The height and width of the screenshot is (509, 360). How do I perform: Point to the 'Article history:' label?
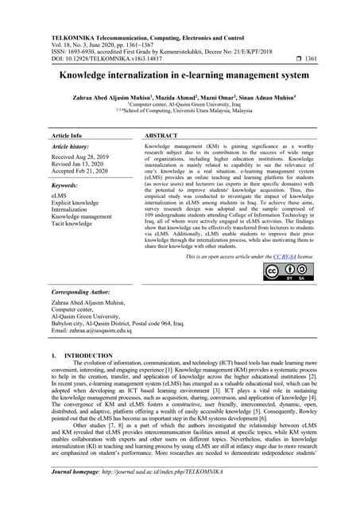pyautogui.click(x=72, y=148)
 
